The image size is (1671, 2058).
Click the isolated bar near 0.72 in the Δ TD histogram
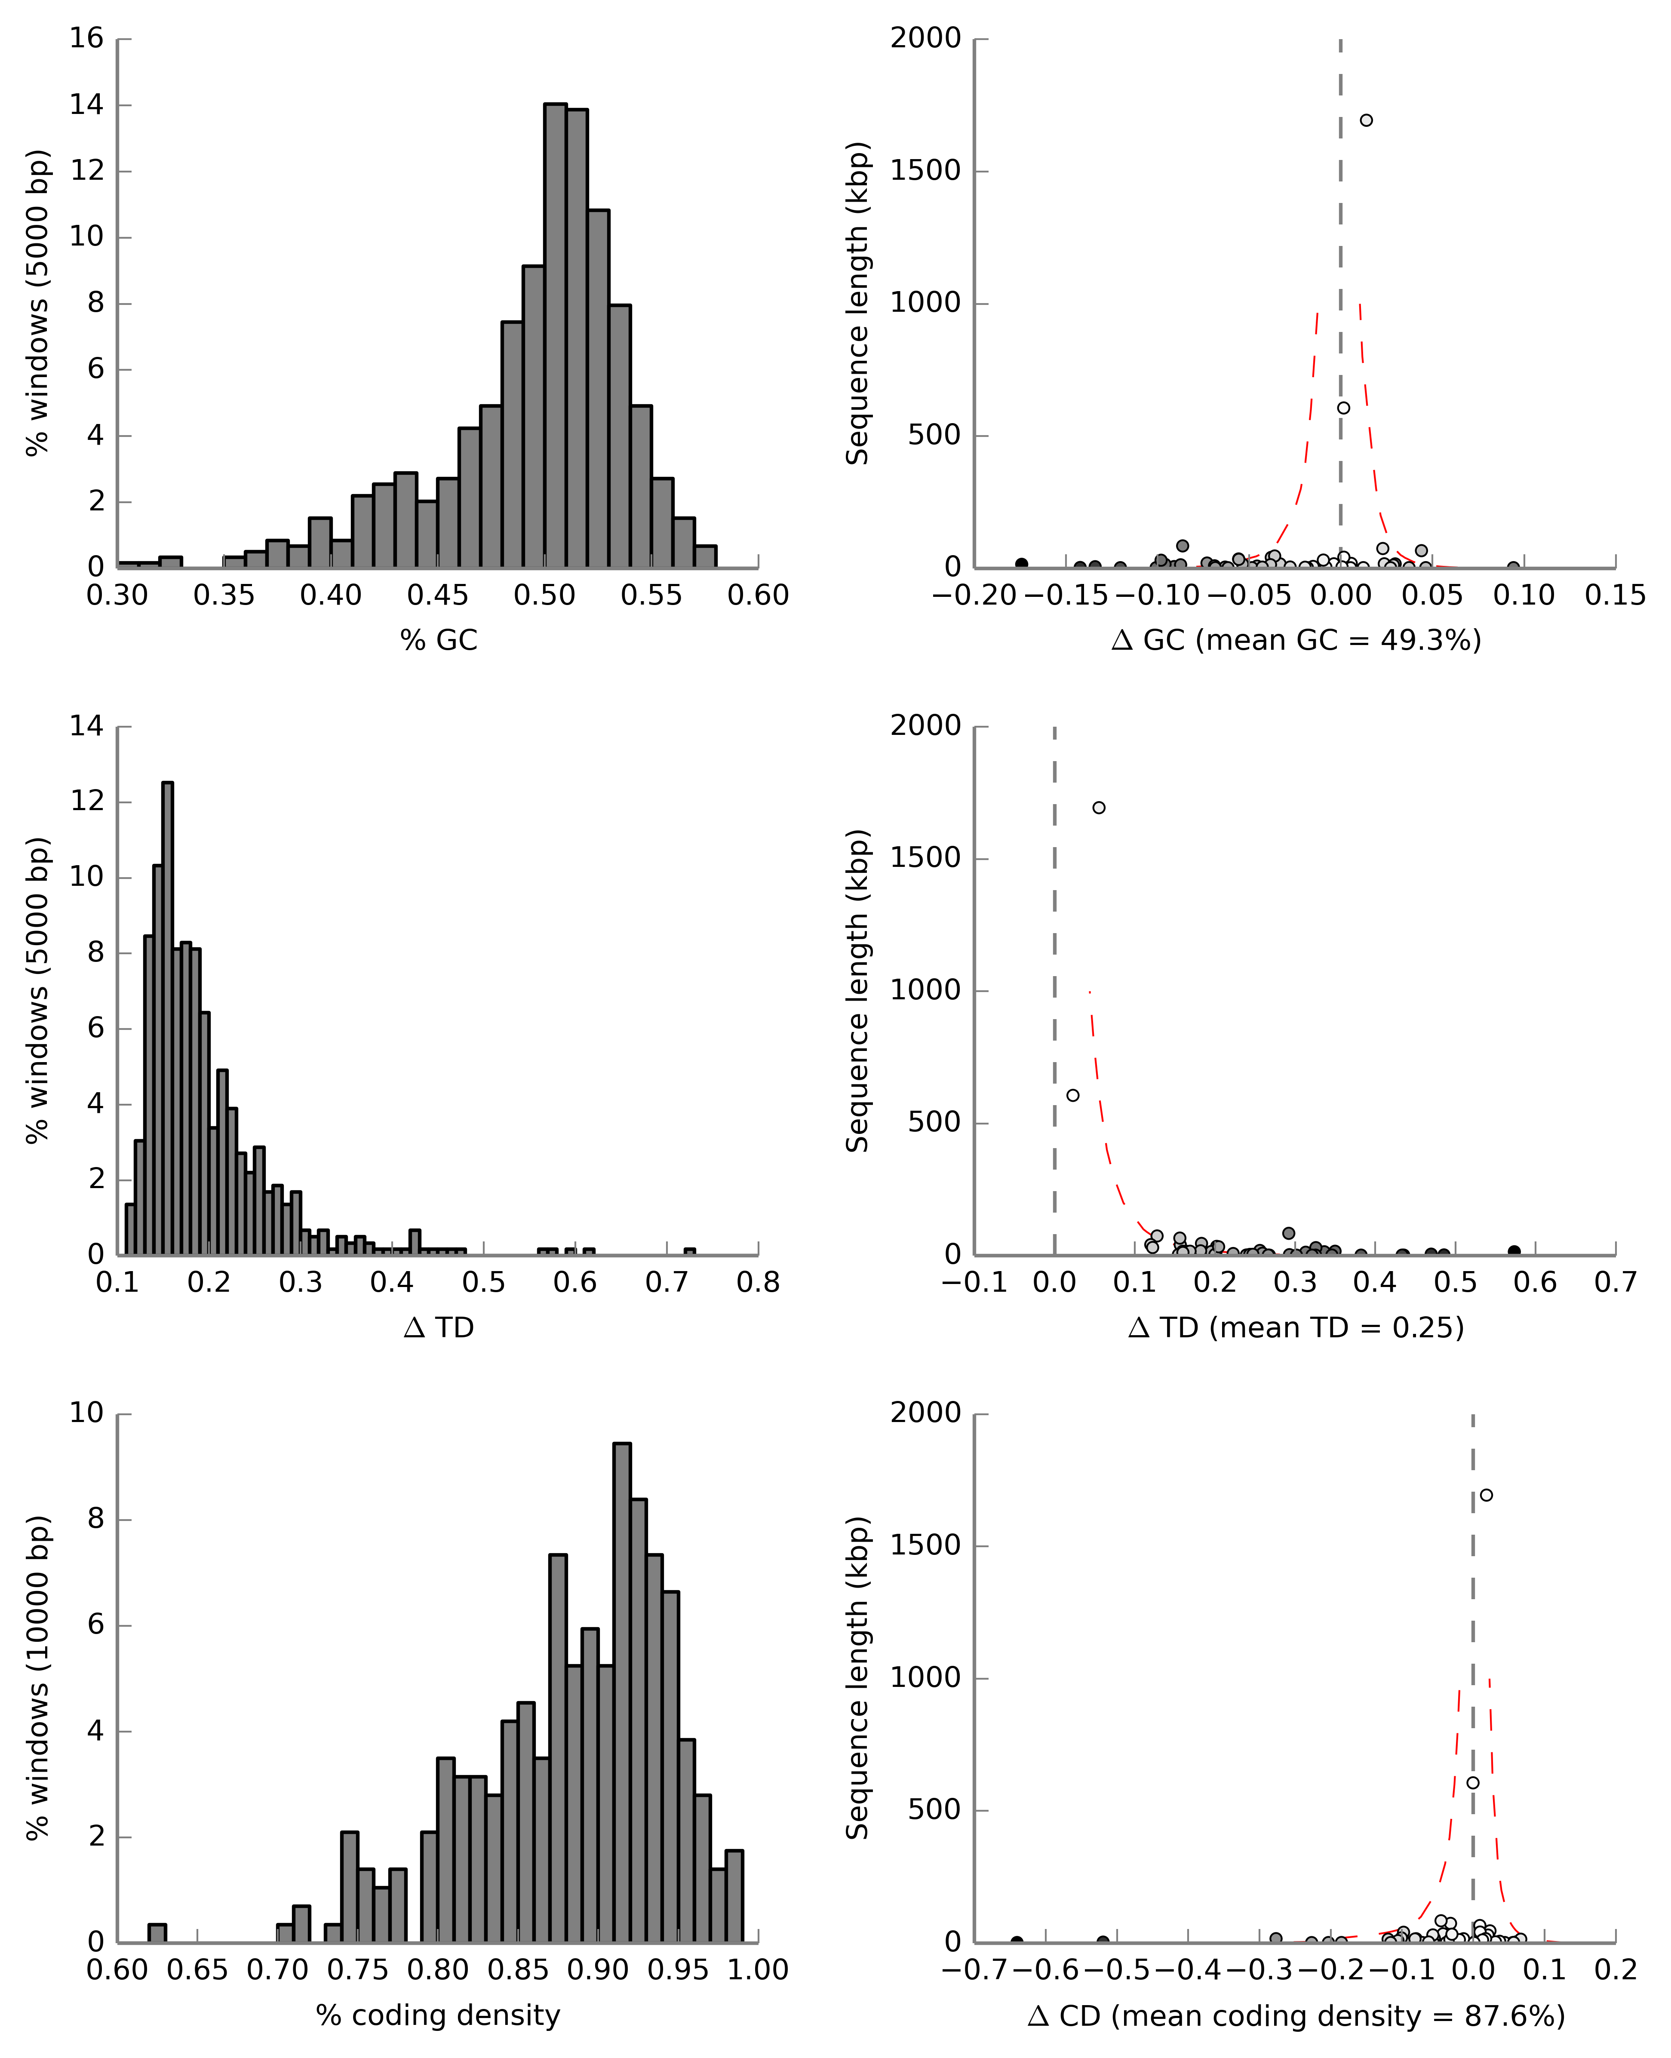tap(689, 1251)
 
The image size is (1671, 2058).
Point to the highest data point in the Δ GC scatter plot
tap(1366, 120)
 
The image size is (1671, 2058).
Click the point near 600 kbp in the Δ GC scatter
tap(1344, 408)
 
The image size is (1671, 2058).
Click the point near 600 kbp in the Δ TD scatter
tap(1073, 1095)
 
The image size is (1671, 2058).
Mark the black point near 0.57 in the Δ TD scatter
tap(1514, 1251)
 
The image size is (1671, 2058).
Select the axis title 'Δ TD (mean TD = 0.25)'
tap(1296, 1328)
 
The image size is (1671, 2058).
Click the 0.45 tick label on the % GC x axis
tap(438, 596)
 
